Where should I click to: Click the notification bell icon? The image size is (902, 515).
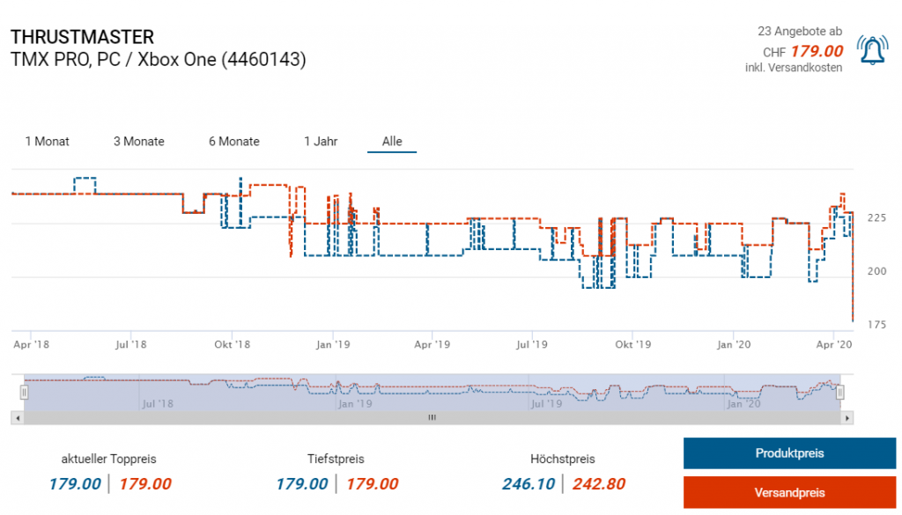[872, 51]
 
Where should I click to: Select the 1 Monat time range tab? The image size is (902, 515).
[48, 141]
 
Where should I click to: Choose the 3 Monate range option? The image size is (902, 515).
[139, 141]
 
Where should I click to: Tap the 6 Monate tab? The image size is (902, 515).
[234, 141]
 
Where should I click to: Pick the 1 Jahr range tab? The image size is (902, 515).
[321, 141]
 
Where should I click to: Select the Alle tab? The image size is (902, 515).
[392, 141]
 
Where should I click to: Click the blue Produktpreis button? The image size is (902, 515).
[789, 453]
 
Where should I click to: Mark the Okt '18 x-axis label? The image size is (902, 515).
[233, 344]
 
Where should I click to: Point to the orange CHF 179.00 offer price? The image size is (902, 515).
[817, 51]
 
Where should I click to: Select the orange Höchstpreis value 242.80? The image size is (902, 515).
[599, 483]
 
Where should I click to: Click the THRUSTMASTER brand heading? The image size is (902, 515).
[83, 37]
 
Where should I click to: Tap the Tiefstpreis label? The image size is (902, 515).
[336, 459]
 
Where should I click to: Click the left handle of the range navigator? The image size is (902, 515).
[25, 392]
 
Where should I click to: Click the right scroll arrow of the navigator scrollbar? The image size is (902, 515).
[847, 418]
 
